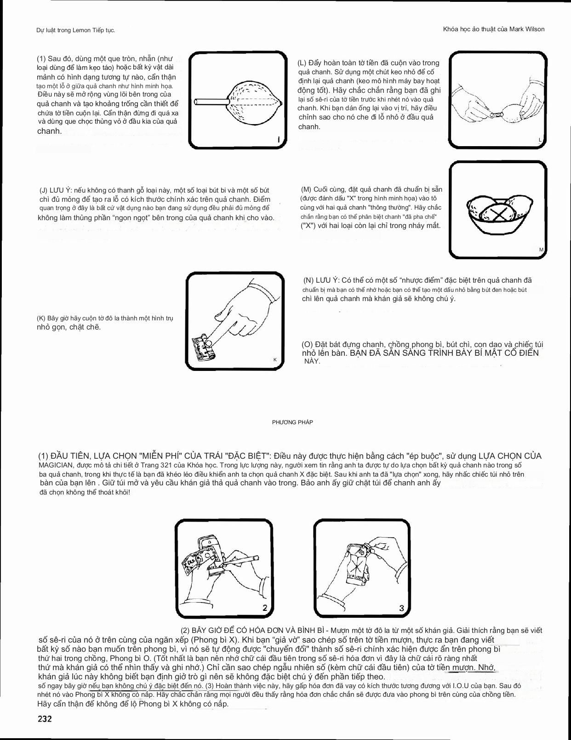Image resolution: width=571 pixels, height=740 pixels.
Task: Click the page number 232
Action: (45, 719)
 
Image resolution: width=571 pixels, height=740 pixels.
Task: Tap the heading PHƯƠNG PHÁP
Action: (292, 422)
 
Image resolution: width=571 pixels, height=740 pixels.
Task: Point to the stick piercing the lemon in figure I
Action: (211, 101)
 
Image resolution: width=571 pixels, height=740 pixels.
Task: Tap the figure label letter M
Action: (541, 250)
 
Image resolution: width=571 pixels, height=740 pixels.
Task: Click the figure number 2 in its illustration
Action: (265, 608)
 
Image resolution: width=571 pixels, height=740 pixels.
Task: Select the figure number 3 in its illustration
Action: (401, 608)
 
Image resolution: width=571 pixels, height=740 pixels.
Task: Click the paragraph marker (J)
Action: (44, 190)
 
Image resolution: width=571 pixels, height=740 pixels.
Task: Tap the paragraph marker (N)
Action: (308, 280)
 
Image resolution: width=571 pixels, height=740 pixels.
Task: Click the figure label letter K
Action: (275, 359)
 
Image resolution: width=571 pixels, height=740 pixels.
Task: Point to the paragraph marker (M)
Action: (306, 189)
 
